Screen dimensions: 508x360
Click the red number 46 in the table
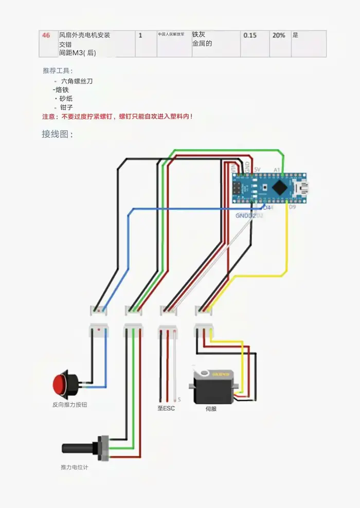click(x=46, y=35)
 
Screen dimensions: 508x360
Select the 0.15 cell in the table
click(x=250, y=35)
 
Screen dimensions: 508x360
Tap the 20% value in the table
click(x=279, y=35)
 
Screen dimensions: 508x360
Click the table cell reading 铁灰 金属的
click(x=202, y=39)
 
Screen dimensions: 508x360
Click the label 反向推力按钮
click(x=70, y=405)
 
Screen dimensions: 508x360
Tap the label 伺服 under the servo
click(x=211, y=409)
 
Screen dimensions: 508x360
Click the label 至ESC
click(x=166, y=409)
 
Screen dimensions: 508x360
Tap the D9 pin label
click(x=292, y=207)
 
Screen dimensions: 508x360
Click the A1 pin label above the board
click(x=277, y=170)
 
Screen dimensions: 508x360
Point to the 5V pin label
click(x=257, y=170)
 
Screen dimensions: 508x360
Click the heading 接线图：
click(x=58, y=134)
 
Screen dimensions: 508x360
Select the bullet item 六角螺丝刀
click(x=77, y=81)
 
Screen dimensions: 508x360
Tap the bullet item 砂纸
click(x=66, y=98)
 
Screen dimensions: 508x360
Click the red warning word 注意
click(x=48, y=117)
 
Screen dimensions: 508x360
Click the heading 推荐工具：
click(x=58, y=70)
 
